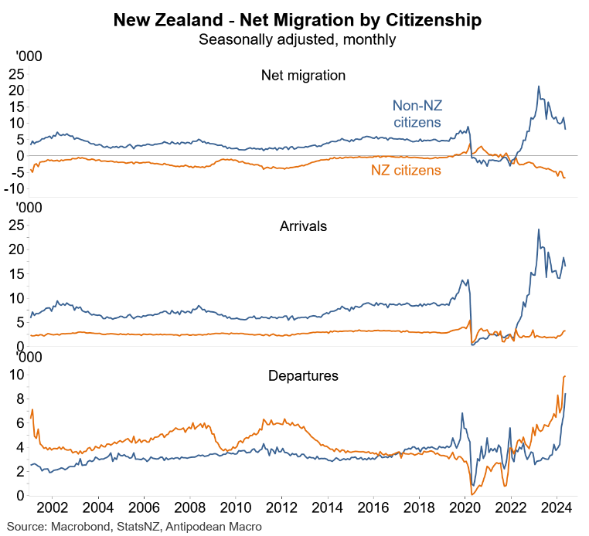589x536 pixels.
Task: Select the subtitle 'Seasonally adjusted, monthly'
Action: [297, 39]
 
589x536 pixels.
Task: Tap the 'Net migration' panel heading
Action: [303, 76]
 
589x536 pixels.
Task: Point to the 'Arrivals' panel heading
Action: [303, 226]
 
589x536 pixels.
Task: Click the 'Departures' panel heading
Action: [303, 376]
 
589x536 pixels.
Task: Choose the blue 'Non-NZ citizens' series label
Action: [417, 114]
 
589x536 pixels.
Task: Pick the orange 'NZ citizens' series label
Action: [406, 170]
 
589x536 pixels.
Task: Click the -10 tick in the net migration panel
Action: [15, 189]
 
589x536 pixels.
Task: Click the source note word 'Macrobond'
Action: [80, 527]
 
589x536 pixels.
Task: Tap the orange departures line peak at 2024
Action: [565, 376]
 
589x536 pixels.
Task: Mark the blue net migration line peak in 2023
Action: [539, 87]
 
